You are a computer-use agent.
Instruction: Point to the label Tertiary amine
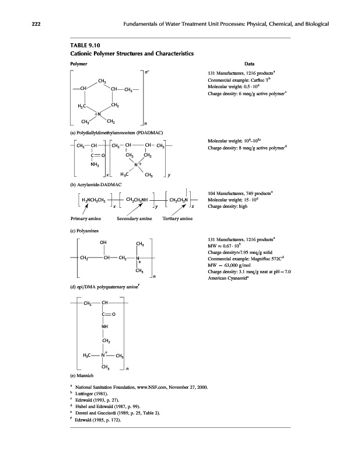pyautogui.click(x=177, y=218)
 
